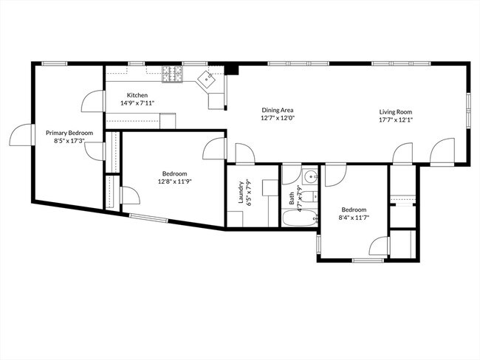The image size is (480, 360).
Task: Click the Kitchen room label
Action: (x=137, y=95)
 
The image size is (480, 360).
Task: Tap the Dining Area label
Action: (x=278, y=110)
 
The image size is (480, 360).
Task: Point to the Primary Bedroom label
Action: (x=69, y=133)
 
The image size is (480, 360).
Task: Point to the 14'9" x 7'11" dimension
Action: (x=137, y=103)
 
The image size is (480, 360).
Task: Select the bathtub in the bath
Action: (x=301, y=219)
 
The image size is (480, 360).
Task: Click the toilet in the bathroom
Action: (x=313, y=196)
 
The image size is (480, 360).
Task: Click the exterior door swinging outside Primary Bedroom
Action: (x=20, y=135)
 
